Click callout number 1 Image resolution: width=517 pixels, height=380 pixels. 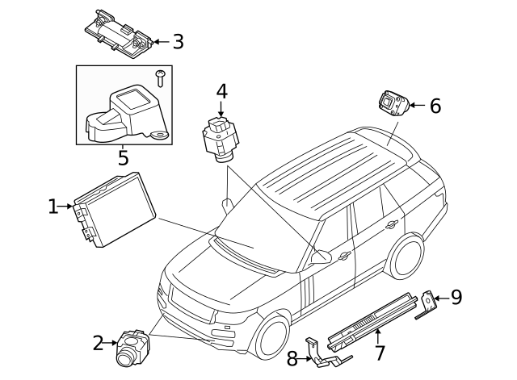click(x=53, y=207)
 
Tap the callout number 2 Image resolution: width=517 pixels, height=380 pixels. click(x=97, y=344)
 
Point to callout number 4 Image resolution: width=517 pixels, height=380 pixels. click(x=221, y=93)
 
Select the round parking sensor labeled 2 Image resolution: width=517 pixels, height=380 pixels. click(x=129, y=345)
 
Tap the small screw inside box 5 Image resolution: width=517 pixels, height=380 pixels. click(x=161, y=77)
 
